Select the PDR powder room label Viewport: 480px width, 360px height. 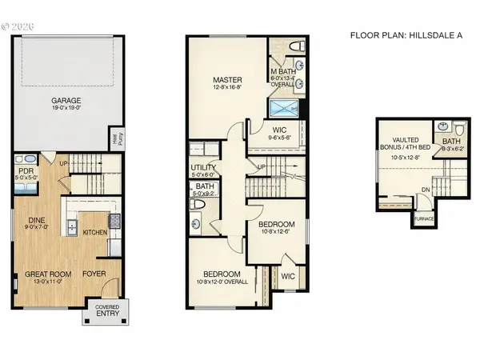click(x=26, y=170)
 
